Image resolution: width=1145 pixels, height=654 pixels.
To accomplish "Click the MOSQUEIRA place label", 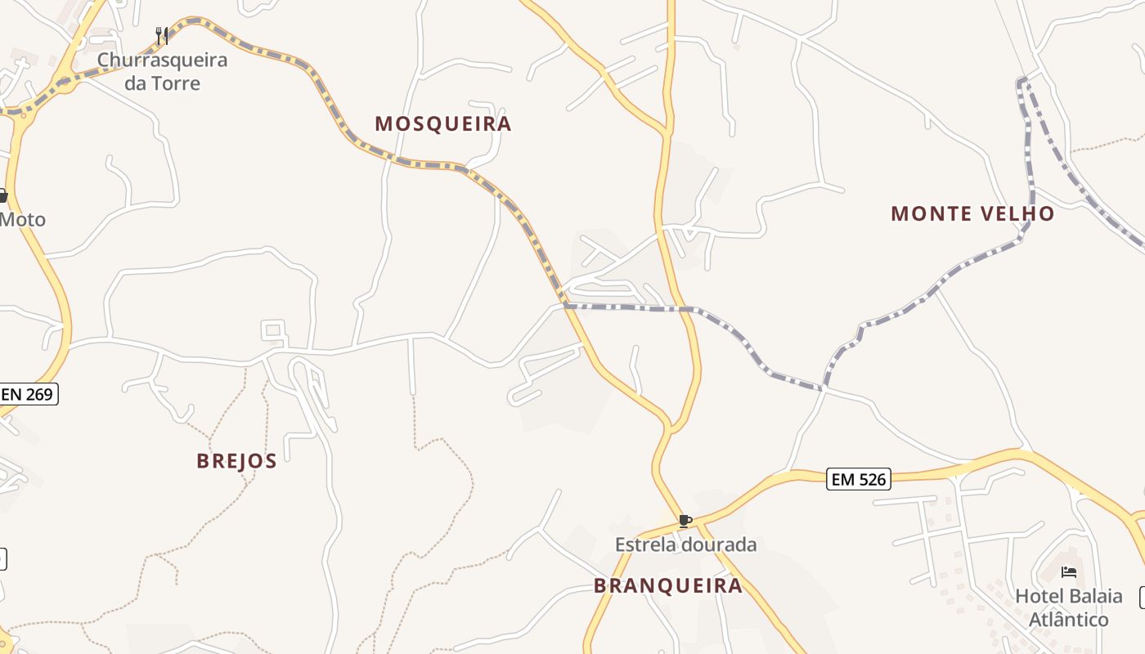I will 442,123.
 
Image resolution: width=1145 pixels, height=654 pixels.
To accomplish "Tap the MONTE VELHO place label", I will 972,214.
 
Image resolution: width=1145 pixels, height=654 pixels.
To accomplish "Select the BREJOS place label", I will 236,461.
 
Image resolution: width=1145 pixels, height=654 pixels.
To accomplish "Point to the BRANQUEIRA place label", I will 668,585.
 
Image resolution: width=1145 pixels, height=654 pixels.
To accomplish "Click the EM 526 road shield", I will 857,479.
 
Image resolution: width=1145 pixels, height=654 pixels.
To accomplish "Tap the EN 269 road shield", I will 27,394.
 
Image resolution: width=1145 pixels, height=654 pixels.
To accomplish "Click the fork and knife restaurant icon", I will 162,36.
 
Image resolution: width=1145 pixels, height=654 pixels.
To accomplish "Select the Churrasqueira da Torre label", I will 162,71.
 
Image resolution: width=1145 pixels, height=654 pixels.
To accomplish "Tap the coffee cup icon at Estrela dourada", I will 685,521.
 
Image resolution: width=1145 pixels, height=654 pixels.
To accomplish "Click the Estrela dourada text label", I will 685,544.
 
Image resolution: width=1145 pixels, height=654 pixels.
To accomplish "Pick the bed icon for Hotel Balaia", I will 1068,572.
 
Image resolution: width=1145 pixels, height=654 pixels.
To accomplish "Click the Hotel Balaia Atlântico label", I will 1068,607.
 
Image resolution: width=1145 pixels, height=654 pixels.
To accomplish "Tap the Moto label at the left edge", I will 22,220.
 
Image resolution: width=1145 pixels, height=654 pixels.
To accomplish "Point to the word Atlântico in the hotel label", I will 1068,620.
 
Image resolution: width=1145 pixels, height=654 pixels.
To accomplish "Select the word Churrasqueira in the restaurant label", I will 162,60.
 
